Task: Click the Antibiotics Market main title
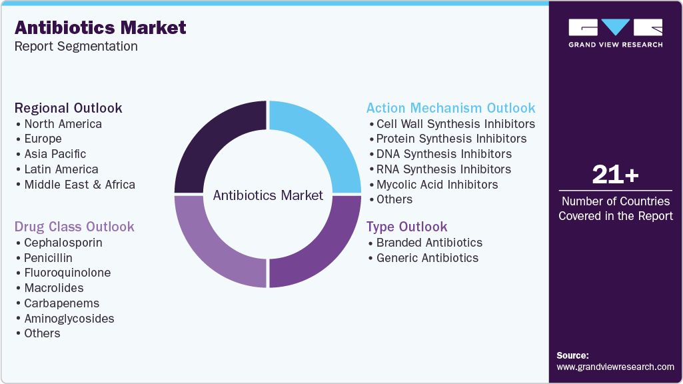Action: [x=101, y=28]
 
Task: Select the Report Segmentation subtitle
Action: [x=76, y=47]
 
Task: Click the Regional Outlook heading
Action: [x=69, y=108]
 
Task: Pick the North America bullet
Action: [x=63, y=124]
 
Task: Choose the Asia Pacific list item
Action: [x=55, y=154]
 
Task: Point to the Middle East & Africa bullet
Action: [x=79, y=185]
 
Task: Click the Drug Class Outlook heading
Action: [x=75, y=227]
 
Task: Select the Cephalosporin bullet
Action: [x=63, y=243]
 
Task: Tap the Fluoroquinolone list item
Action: [x=67, y=273]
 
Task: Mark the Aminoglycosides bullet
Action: [x=69, y=319]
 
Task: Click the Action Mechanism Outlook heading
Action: [x=450, y=108]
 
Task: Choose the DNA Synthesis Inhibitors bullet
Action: [x=444, y=154]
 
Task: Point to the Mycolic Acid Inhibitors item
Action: [x=436, y=185]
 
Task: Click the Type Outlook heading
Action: [x=406, y=227]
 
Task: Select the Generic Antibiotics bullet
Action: [x=427, y=258]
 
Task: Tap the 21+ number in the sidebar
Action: [x=615, y=175]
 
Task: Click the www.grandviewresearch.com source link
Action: [x=615, y=367]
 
